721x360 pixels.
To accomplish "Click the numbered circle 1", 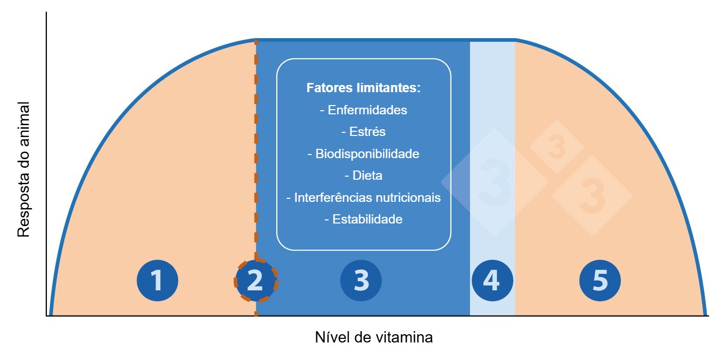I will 157,281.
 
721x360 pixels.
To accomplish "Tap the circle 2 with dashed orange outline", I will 256,281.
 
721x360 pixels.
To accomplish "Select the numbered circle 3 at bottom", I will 361,281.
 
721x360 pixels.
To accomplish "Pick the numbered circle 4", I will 492,281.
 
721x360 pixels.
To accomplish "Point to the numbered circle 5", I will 600,281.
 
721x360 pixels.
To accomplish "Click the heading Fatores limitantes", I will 363,88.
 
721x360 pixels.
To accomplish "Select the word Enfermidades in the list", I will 363,110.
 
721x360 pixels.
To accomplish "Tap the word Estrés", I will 363,132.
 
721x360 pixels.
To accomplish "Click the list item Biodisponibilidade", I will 363,154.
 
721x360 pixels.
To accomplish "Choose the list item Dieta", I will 363,176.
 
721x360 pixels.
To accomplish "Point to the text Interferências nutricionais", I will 363,198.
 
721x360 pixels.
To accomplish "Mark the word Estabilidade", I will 363,219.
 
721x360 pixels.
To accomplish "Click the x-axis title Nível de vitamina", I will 374,338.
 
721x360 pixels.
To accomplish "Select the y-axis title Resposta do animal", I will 24,169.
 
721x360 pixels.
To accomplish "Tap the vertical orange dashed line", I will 256,155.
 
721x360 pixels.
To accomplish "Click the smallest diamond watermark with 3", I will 557,147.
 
